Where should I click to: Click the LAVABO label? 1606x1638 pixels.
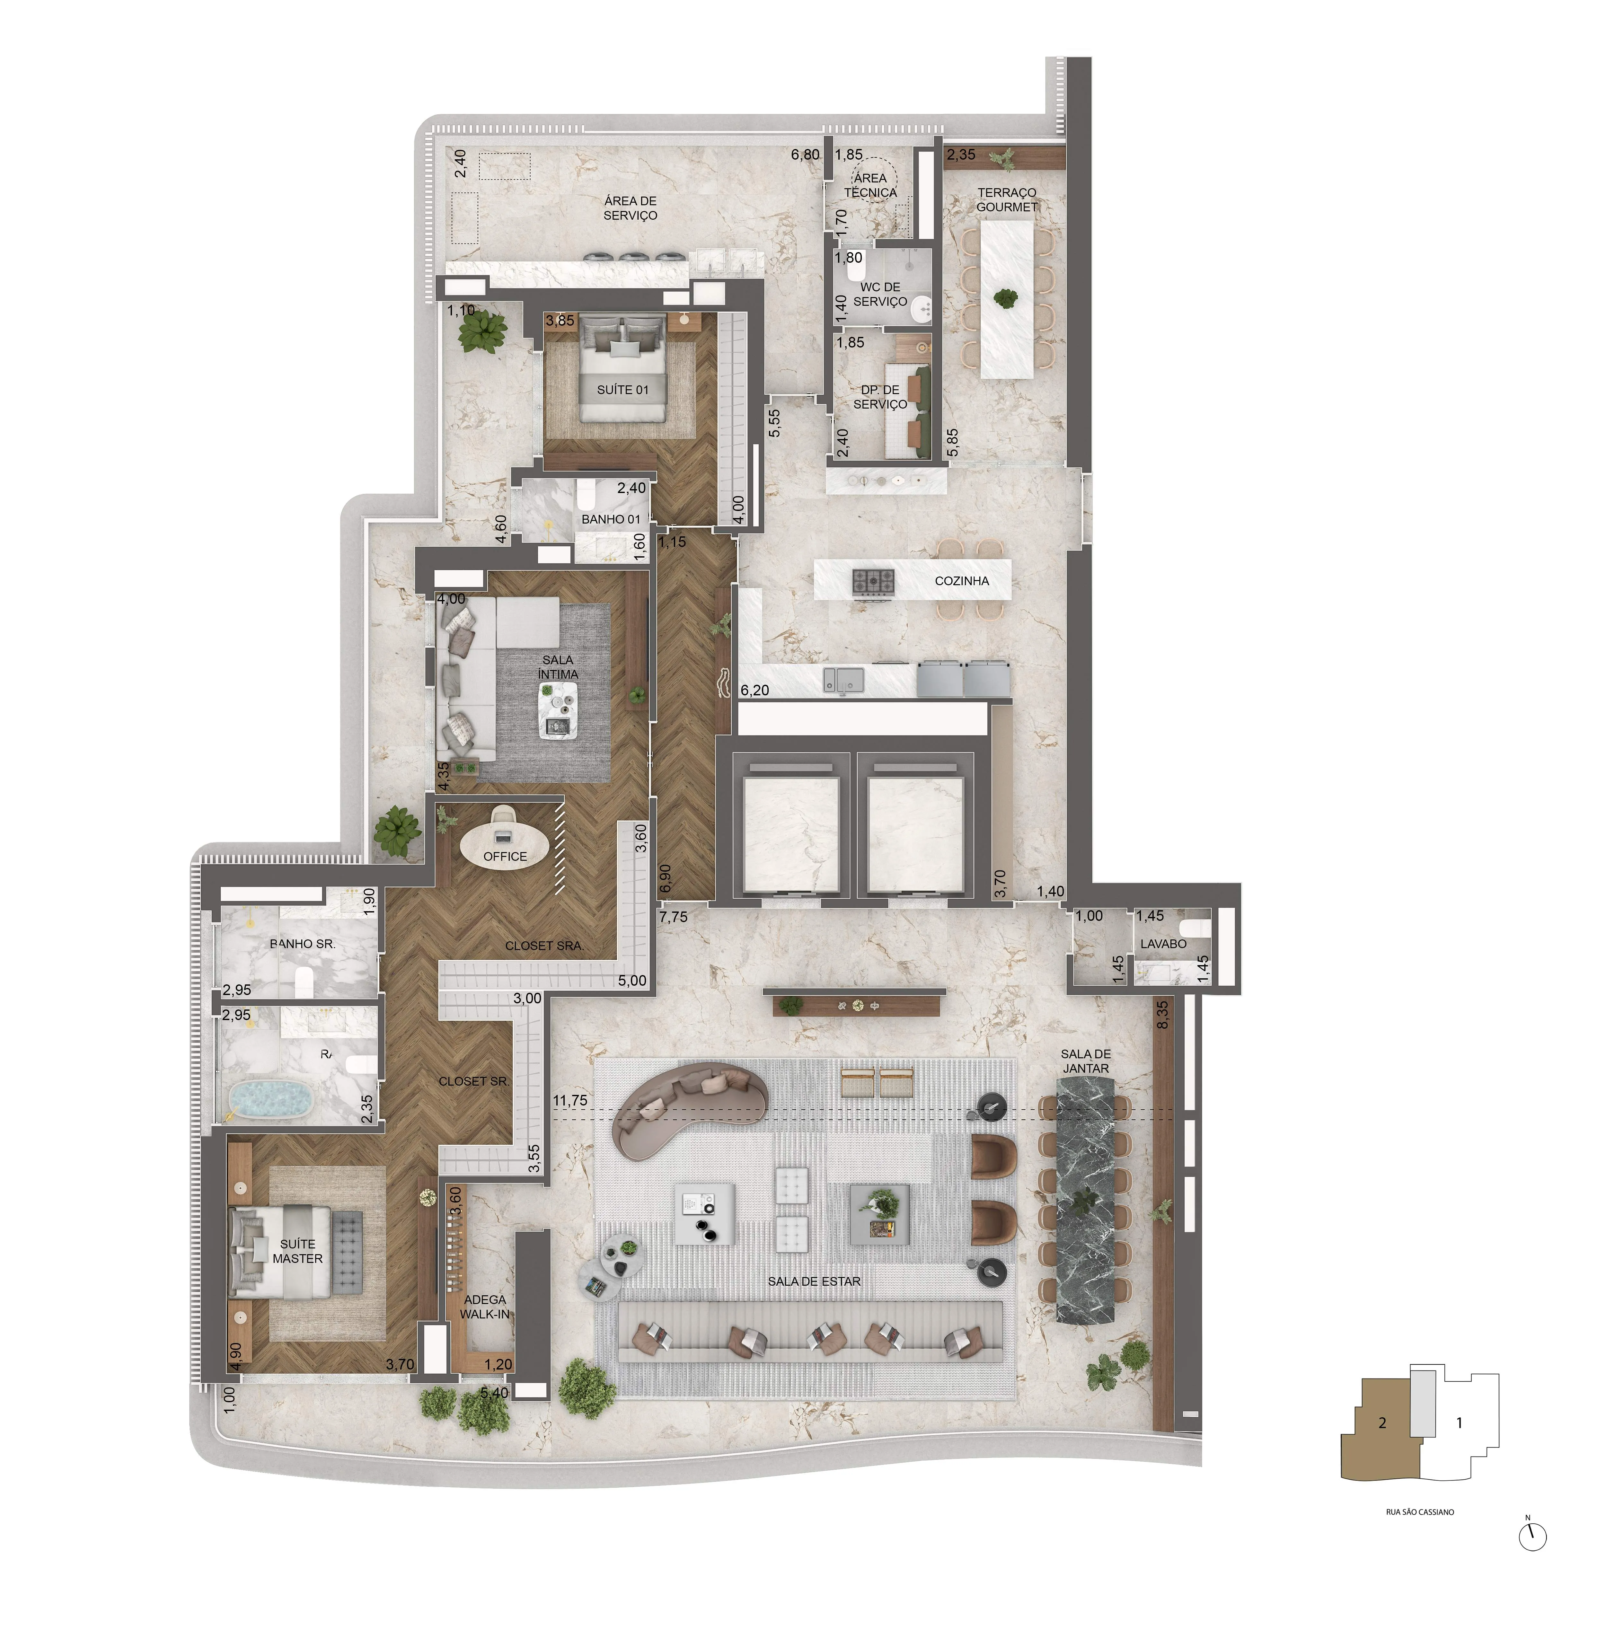[1163, 944]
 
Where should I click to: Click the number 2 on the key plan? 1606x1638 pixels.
[1382, 1423]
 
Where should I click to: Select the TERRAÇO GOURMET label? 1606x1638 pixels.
[1006, 200]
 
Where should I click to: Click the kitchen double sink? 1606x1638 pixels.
[843, 678]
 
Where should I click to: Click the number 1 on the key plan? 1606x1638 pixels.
[1459, 1423]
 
